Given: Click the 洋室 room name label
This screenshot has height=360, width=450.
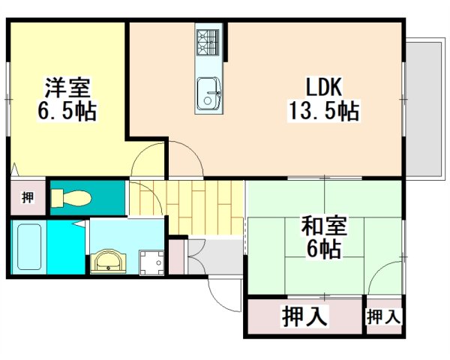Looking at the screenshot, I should (x=67, y=87).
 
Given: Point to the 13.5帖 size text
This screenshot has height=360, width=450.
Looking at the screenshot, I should (x=322, y=112).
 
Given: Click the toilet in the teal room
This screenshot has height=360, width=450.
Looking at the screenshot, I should (x=72, y=199).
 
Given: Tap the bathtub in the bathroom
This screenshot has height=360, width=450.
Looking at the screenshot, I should (x=28, y=247).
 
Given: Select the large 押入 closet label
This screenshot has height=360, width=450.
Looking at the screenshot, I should (x=305, y=317).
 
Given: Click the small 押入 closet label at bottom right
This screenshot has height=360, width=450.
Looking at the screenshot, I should (x=383, y=317).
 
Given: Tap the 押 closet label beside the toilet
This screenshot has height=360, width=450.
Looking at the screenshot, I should (x=28, y=198).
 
